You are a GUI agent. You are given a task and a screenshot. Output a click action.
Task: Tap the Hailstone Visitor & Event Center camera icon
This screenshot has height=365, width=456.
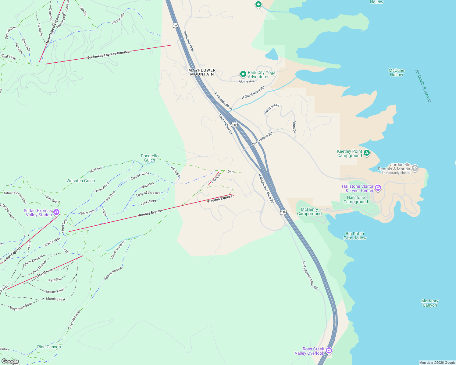tap(378, 188)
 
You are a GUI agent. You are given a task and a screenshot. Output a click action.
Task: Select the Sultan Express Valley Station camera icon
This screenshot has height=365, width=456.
tap(56, 212)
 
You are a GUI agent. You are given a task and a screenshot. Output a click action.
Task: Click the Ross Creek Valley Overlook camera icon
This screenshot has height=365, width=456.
tap(329, 351)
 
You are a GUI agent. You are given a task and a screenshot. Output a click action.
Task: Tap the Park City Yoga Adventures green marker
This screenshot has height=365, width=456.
tap(243, 74)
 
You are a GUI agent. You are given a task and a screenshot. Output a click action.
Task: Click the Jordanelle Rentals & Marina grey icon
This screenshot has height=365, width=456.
tap(415, 168)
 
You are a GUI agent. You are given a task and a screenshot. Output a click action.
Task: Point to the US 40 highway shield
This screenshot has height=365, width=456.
tap(175, 25)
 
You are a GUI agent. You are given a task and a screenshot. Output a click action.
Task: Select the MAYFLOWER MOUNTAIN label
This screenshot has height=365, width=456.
tap(202, 72)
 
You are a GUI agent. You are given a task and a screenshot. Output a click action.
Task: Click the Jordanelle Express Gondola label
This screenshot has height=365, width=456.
tap(109, 54)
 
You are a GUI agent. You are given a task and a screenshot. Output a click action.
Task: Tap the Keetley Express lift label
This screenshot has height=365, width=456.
tap(151, 213)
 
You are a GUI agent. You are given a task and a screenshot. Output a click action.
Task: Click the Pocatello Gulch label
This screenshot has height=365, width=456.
tap(150, 158)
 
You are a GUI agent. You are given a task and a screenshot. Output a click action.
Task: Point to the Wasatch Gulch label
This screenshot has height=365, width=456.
tap(81, 181)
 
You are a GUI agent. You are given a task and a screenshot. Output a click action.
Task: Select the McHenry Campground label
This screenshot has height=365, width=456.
tap(309, 211)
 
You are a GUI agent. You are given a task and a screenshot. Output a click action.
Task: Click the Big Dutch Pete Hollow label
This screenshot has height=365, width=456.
tap(355, 236)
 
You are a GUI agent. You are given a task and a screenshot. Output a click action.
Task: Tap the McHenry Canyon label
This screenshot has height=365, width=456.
tap(430, 303)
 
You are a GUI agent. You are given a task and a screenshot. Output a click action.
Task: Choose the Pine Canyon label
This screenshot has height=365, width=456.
tap(49, 347)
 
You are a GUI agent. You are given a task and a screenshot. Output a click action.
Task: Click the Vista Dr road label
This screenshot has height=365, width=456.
tap(294, 127)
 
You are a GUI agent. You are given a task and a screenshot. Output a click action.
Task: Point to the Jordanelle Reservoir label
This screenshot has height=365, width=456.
tap(423, 86)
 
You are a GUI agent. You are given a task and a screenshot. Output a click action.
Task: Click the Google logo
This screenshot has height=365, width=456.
tap(10, 361)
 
